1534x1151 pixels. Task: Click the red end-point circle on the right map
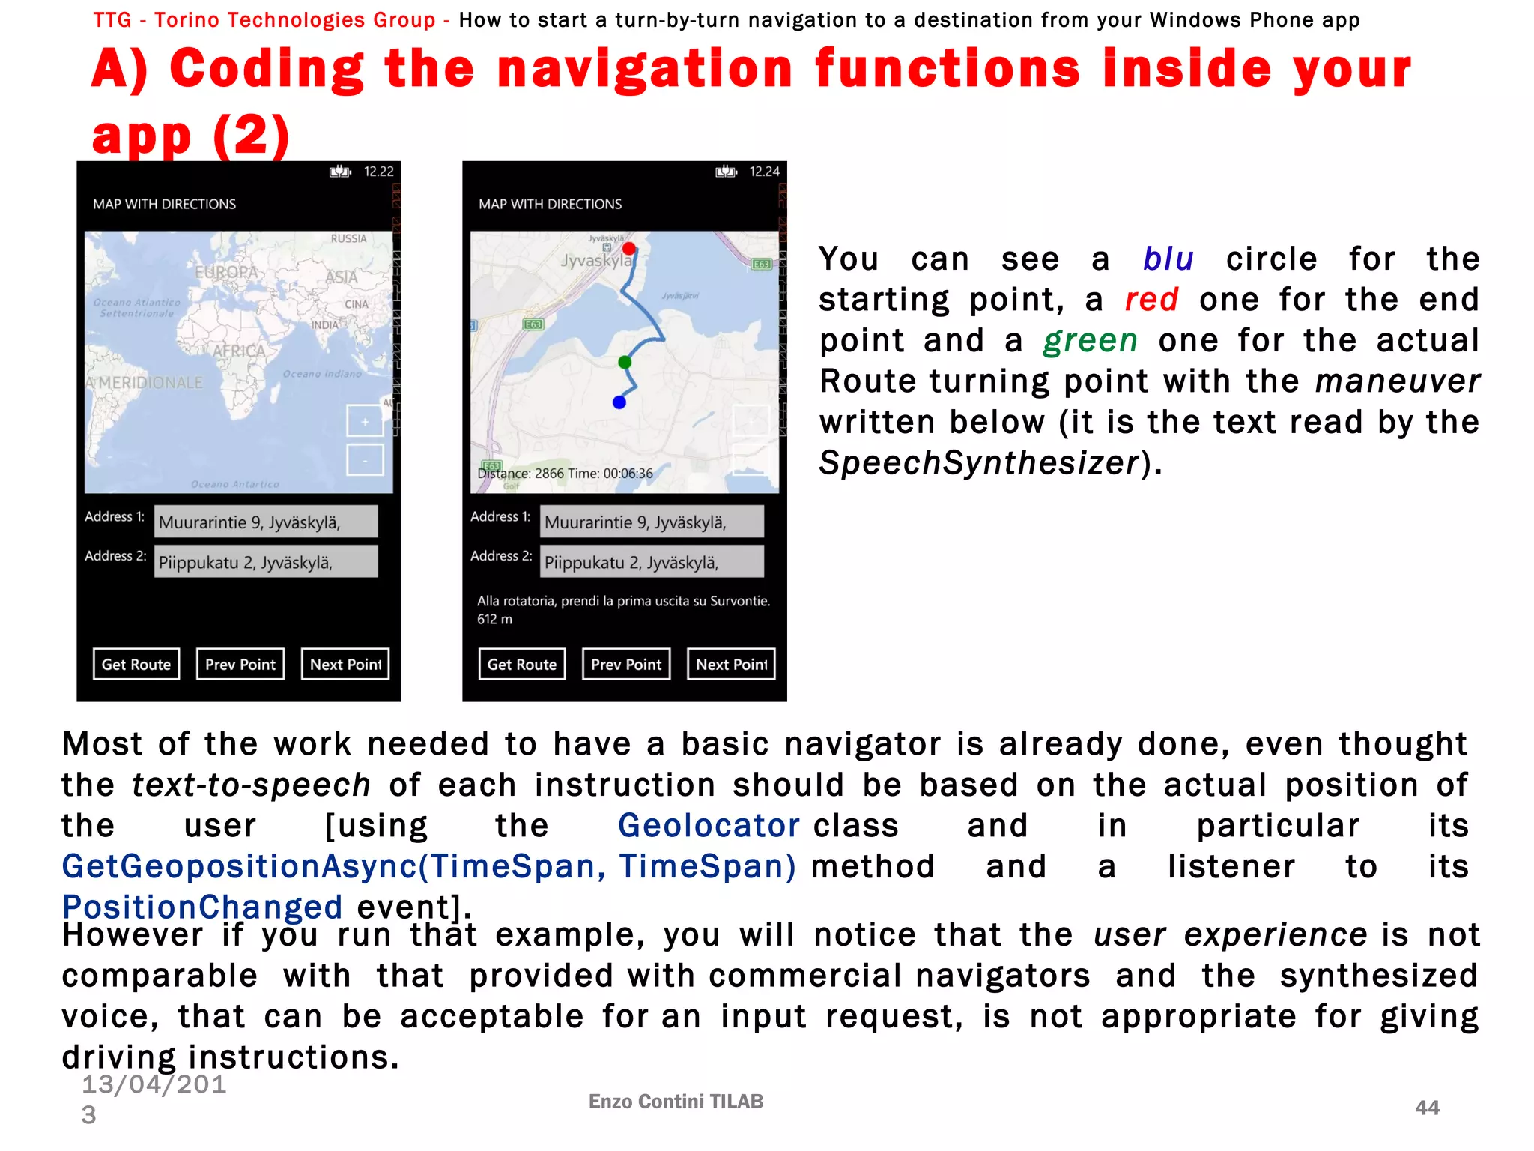tap(629, 249)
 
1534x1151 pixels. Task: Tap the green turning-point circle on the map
tap(625, 363)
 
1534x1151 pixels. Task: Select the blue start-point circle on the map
tap(619, 402)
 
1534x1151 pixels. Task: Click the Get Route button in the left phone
tap(136, 664)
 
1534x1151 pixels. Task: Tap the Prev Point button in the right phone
tap(626, 664)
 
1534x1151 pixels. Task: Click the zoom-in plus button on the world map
tap(365, 422)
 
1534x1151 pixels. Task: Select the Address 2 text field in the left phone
tap(266, 562)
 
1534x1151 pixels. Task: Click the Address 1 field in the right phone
tap(652, 522)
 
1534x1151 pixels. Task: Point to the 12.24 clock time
tap(764, 172)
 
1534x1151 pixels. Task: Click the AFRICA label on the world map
tap(239, 351)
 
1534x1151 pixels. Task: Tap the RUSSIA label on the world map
tap(349, 238)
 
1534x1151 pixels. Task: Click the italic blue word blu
tap(1168, 259)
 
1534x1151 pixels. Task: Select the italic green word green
tap(1091, 341)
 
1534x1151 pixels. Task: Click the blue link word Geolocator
tap(709, 826)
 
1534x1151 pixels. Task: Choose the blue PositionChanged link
tap(202, 907)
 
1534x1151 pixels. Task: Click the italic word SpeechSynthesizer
tap(979, 463)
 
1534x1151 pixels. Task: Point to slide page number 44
tap(1427, 1108)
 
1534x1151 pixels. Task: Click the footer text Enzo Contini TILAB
tap(676, 1102)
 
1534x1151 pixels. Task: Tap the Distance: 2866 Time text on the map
tap(566, 474)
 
